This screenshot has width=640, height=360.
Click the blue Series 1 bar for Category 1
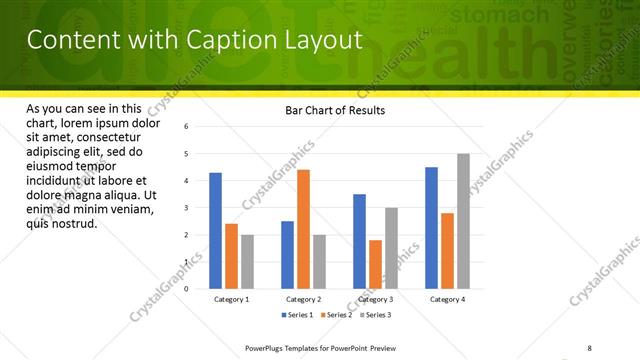coord(216,231)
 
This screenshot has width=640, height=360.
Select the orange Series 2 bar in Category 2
coord(303,229)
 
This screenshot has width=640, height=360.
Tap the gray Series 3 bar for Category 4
coord(463,221)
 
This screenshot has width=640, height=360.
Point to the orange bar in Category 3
coord(375,264)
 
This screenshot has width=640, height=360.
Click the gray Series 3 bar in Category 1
coord(247,262)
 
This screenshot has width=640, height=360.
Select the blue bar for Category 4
coord(431,228)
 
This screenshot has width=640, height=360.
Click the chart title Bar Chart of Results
coord(329,110)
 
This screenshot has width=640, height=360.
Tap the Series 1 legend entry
coord(299,315)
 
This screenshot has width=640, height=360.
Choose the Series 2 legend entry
coord(337,315)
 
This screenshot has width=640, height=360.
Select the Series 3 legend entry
coord(375,315)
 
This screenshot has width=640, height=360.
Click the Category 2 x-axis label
coord(303,299)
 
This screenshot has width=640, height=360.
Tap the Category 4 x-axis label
coord(447,299)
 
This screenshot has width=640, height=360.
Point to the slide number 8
coord(589,347)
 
